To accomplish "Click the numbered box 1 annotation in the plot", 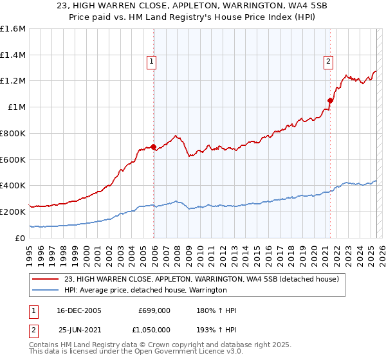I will pyautogui.click(x=152, y=62).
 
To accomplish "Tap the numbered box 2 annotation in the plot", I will pyautogui.click(x=328, y=62).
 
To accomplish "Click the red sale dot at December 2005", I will pyautogui.click(x=153, y=147).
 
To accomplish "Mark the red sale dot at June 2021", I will pyautogui.click(x=330, y=100).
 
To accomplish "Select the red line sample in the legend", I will pyautogui.click(x=46, y=279).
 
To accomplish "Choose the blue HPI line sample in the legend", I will pyautogui.click(x=46, y=290).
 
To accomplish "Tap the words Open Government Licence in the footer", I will pyautogui.click(x=174, y=353).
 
